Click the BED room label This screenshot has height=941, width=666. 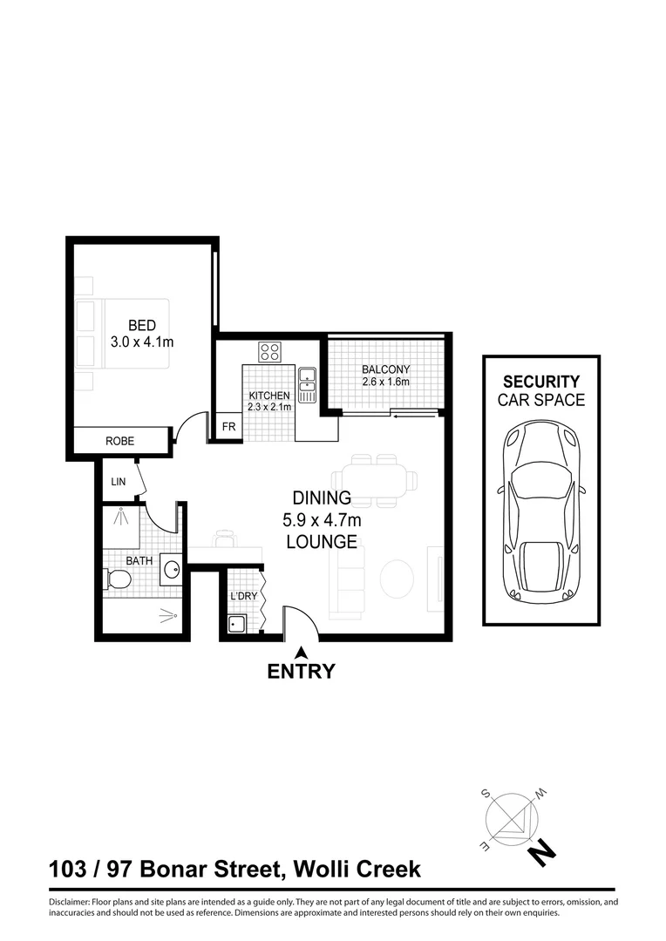(141, 326)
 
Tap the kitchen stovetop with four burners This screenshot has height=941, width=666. (270, 352)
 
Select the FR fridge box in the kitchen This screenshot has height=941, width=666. (228, 427)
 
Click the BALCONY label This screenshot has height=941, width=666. (385, 369)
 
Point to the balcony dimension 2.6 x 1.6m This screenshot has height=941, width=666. (385, 382)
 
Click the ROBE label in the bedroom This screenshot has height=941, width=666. (120, 442)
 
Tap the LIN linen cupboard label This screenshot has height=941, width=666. (119, 481)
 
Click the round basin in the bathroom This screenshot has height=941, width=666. (170, 571)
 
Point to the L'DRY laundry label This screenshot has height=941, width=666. (241, 596)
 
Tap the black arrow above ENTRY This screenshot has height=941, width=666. (301, 652)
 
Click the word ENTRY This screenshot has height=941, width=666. (301, 672)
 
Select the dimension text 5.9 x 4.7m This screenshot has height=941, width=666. (322, 520)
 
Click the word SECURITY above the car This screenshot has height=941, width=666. (541, 382)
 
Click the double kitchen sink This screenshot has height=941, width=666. (307, 385)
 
